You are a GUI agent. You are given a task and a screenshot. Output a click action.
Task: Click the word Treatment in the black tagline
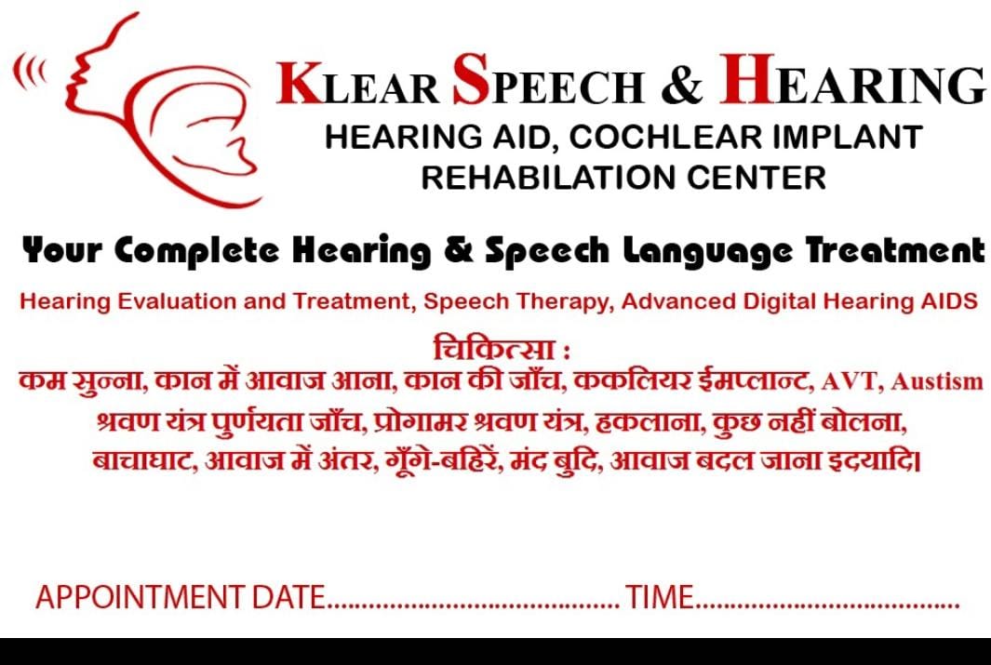(895, 250)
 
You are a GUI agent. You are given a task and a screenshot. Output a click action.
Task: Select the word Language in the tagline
(707, 252)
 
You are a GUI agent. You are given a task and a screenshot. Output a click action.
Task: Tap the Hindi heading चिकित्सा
(494, 349)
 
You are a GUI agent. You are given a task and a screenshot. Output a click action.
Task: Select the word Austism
(937, 381)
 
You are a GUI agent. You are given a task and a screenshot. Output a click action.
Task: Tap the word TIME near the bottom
(660, 597)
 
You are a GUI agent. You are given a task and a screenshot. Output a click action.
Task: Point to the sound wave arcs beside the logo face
(30, 72)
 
